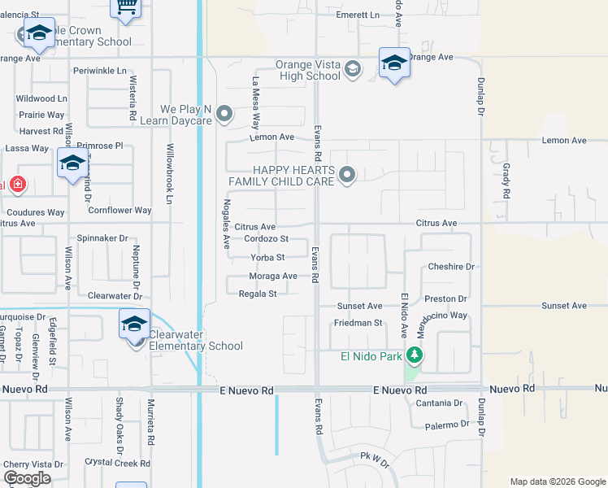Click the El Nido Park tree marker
(415, 355)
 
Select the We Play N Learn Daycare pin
(224, 113)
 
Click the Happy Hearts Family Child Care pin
(347, 174)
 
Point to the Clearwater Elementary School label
(195, 346)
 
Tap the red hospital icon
(17, 185)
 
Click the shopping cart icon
(126, 7)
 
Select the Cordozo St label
(267, 239)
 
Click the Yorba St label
(267, 258)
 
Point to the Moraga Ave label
(272, 277)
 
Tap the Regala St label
(263, 294)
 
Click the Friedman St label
(358, 323)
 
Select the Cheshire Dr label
(451, 267)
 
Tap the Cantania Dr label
(438, 403)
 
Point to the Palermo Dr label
(440, 425)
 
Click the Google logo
(27, 477)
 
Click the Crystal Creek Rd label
(118, 463)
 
